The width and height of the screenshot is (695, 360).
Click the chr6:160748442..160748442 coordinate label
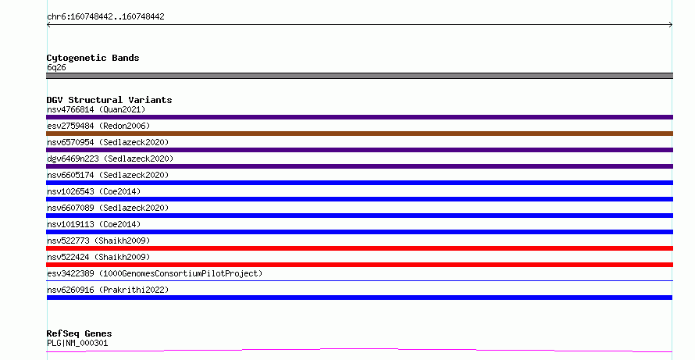[x=105, y=17]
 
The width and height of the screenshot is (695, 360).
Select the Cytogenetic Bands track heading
[x=93, y=58]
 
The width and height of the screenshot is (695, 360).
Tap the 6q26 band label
[x=56, y=67]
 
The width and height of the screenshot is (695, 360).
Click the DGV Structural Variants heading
[x=109, y=100]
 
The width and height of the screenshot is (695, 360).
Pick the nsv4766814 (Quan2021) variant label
[x=96, y=109]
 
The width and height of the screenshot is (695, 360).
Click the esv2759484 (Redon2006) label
[x=98, y=126]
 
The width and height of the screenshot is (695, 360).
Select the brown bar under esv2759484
[x=359, y=134]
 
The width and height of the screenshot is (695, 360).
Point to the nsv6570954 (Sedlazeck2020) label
[x=108, y=142]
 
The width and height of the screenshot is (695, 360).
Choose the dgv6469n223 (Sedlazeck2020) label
[x=110, y=159]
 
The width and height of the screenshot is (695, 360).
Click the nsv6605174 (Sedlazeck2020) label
[x=108, y=175]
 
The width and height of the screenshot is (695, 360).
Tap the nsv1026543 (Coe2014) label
[x=94, y=191]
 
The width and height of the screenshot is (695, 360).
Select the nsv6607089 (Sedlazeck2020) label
[x=108, y=208]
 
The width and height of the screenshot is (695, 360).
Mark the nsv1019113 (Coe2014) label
[x=94, y=224]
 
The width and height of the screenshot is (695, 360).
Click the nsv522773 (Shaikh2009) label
[x=98, y=241]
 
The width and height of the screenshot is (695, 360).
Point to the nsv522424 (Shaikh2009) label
[x=98, y=257]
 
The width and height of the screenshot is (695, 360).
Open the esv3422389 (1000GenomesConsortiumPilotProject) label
[x=155, y=273]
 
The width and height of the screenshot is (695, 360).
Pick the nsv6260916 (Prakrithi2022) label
[x=108, y=290]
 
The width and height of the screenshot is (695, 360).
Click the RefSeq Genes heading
[x=79, y=334]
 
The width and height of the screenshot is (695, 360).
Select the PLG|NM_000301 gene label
[x=77, y=343]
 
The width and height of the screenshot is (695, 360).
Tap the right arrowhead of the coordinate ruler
[x=672, y=25]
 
